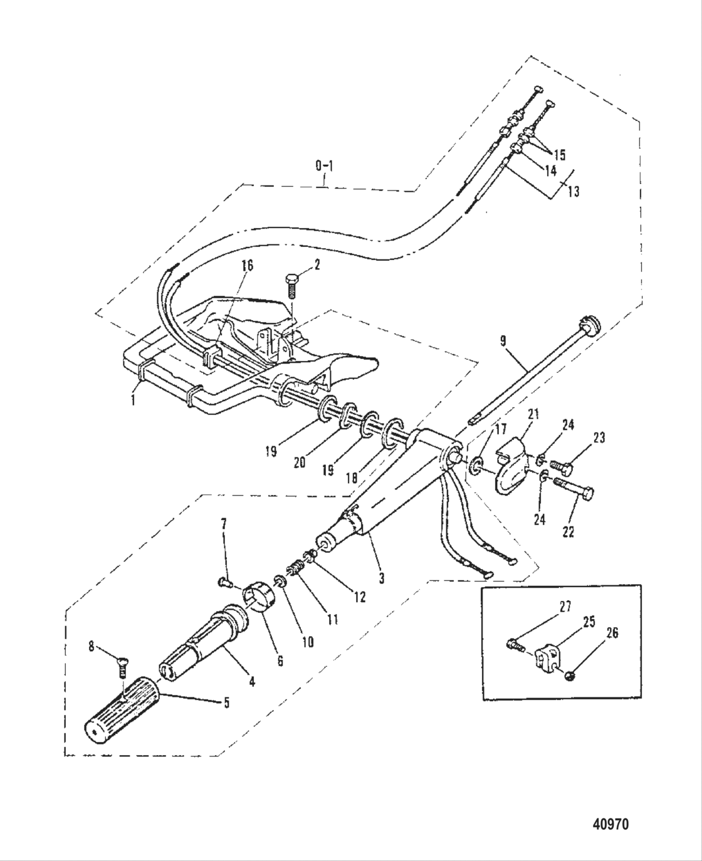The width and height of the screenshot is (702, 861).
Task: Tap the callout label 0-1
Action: click(324, 166)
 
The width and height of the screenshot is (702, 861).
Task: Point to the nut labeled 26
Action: click(570, 676)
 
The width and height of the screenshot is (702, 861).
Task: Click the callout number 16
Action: click(247, 266)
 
